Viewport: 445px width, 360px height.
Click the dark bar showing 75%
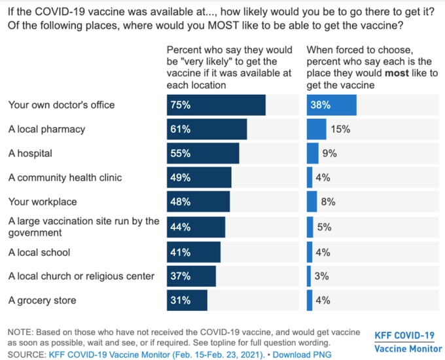[216, 105]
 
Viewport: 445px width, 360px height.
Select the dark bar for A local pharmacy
[207, 130]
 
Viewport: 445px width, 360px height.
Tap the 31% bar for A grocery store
[187, 300]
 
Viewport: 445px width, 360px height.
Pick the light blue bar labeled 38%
[331, 105]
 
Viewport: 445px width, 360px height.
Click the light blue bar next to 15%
[316, 130]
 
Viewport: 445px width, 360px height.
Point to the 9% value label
[329, 154]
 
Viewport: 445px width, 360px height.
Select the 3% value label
[321, 276]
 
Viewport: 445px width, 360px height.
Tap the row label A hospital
[30, 154]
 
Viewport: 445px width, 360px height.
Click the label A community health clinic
[65, 177]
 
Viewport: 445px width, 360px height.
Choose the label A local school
[39, 252]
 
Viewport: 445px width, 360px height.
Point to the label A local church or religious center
[81, 276]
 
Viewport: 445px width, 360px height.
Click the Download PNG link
[302, 355]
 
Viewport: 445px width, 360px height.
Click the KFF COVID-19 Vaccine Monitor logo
[404, 342]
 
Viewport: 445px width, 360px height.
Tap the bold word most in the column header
[399, 73]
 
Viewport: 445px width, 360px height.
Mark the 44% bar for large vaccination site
[196, 227]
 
